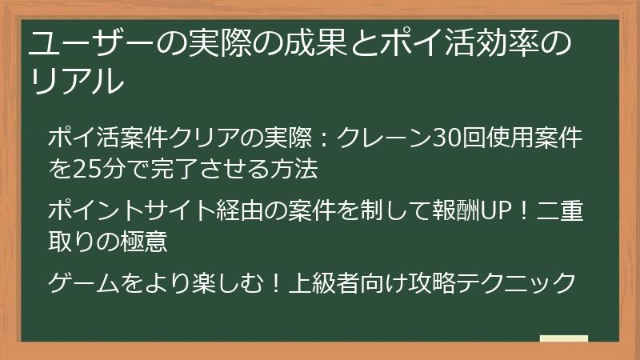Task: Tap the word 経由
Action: pyautogui.click(x=240, y=212)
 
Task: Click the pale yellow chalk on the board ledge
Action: pyautogui.click(x=563, y=338)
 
